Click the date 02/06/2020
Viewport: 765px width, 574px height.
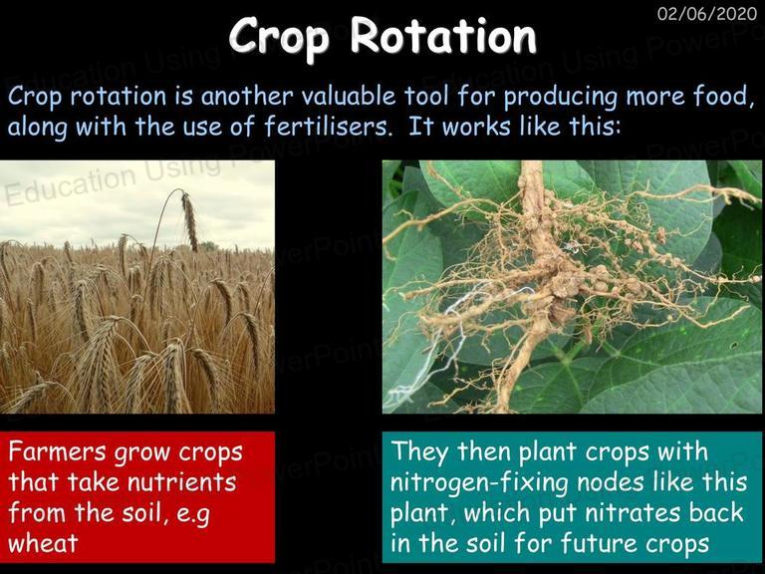point(707,13)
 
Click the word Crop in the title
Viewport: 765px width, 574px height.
point(279,37)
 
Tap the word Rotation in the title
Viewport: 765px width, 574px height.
point(443,35)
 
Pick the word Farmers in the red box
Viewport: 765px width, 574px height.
point(57,451)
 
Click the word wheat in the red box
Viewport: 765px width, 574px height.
point(43,543)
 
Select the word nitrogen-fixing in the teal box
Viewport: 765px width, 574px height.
point(479,482)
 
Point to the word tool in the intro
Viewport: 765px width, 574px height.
point(426,96)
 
